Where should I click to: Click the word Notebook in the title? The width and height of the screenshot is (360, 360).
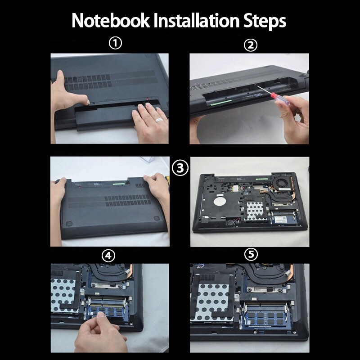click(x=111, y=21)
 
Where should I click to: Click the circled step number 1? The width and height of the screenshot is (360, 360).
click(x=115, y=43)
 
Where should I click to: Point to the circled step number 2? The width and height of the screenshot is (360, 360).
click(x=251, y=45)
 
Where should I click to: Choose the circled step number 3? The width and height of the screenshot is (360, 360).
click(x=180, y=168)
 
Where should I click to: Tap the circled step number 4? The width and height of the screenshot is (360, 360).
click(x=108, y=256)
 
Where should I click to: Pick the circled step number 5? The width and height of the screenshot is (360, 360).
click(x=251, y=254)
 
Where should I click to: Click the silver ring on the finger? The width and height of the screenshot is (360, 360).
click(x=159, y=120)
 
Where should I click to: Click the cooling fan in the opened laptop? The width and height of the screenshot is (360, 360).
click(x=282, y=184)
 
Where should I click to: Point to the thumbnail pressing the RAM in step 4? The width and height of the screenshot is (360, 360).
click(x=100, y=314)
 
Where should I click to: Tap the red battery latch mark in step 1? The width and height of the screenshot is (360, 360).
click(x=148, y=99)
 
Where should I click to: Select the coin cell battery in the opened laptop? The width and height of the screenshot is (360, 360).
click(x=230, y=222)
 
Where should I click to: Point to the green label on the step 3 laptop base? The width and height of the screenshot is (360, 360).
click(x=119, y=184)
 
